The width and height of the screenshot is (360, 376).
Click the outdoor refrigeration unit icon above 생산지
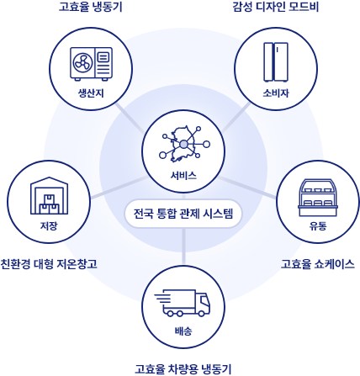click(x=91, y=64)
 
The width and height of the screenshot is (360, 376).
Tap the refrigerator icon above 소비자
click(x=276, y=62)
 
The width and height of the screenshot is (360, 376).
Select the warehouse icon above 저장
click(x=49, y=195)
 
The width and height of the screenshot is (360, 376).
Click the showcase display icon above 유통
click(x=318, y=198)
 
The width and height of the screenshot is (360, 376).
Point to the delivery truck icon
click(x=182, y=303)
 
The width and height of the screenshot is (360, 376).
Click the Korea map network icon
click(x=184, y=144)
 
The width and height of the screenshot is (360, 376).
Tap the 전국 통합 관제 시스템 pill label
click(x=183, y=214)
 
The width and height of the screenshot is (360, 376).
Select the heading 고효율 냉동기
click(x=91, y=7)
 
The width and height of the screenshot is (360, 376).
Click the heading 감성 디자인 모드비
click(x=276, y=7)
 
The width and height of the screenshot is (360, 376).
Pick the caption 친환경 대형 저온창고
click(x=49, y=264)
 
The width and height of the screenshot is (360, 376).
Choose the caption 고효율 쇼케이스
click(x=318, y=264)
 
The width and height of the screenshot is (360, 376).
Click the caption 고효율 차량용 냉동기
click(x=183, y=369)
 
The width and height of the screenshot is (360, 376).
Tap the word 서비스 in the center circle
click(x=183, y=176)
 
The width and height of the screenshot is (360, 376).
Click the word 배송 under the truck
click(x=183, y=331)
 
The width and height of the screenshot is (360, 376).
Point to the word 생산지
click(x=91, y=93)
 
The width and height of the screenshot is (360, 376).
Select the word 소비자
click(x=276, y=93)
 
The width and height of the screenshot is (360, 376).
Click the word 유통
click(x=318, y=225)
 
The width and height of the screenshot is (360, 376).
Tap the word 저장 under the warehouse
click(x=49, y=225)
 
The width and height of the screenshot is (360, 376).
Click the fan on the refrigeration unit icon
click(x=82, y=62)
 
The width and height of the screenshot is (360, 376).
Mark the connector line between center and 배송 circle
click(x=183, y=246)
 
